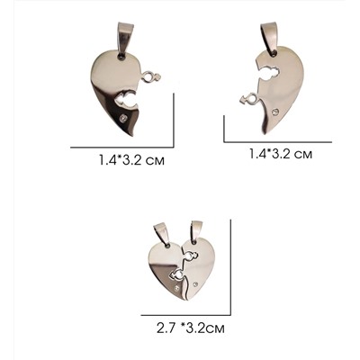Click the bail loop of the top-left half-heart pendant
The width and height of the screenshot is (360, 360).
pyautogui.click(x=122, y=38)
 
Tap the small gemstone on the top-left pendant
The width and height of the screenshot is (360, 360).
pyautogui.click(x=123, y=118)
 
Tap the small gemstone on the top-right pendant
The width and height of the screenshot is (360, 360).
pyautogui.click(x=275, y=112)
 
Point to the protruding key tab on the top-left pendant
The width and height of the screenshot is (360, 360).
pyautogui.click(x=152, y=76)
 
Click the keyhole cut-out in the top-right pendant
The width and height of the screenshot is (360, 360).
pyautogui.click(x=270, y=74)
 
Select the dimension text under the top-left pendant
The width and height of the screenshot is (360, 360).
pyautogui.click(x=132, y=160)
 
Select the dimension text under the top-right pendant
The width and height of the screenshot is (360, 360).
pyautogui.click(x=281, y=154)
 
